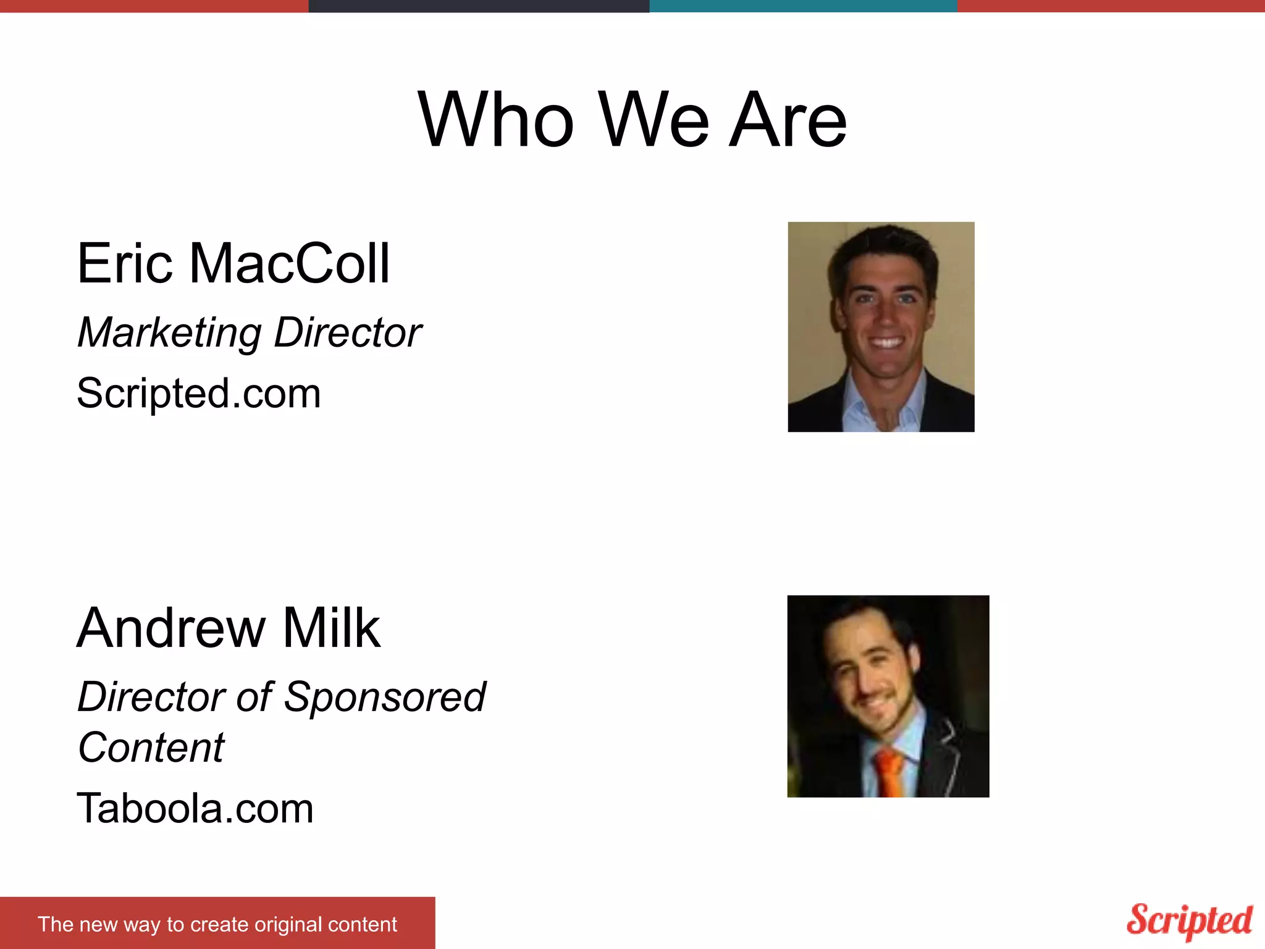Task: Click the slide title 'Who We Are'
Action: tap(632, 120)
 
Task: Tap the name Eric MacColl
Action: tap(233, 264)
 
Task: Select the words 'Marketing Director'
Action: tap(249, 333)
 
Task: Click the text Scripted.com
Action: tap(198, 394)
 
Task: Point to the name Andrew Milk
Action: tap(228, 628)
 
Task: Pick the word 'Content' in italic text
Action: tap(151, 748)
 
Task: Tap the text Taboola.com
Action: tap(195, 809)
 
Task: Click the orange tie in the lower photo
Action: tap(889, 772)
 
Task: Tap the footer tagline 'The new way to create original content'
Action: tap(217, 924)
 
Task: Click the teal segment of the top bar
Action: tap(803, 6)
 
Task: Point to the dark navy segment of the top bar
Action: tap(479, 6)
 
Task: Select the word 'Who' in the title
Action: tap(496, 120)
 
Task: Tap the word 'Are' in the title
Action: tap(788, 120)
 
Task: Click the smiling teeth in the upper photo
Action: tap(886, 342)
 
